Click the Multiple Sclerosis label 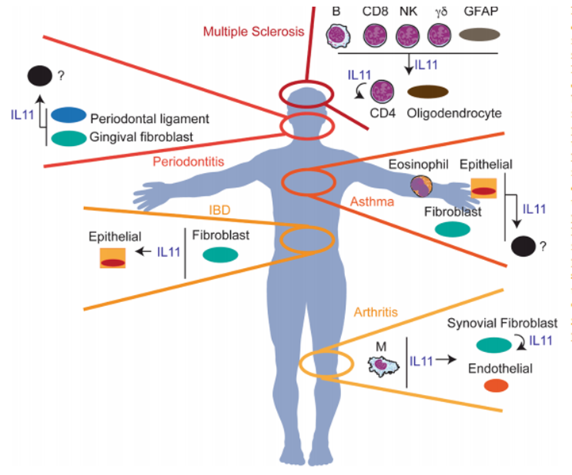[x=254, y=32]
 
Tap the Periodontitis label [x=188, y=162]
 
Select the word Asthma [x=372, y=201]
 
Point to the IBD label [x=220, y=210]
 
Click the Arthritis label [x=376, y=312]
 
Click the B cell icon [x=338, y=36]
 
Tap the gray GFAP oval [x=479, y=35]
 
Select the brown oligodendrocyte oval [x=428, y=92]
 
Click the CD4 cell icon [x=382, y=92]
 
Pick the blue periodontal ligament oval [x=68, y=115]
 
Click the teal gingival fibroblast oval [x=68, y=139]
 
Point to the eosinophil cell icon [x=421, y=186]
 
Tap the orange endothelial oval [x=496, y=385]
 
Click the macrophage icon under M [x=382, y=366]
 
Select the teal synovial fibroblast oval [x=494, y=345]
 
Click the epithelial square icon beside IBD [x=113, y=258]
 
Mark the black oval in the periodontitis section [x=40, y=76]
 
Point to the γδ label [x=441, y=12]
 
